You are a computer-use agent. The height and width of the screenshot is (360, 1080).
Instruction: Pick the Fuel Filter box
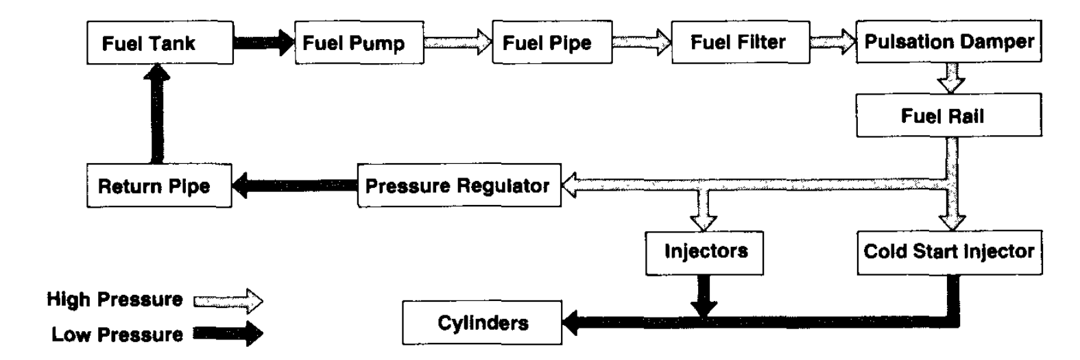738,43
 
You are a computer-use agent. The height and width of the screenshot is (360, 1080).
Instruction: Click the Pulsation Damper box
948,42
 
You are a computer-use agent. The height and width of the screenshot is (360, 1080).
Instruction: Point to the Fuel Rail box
948,116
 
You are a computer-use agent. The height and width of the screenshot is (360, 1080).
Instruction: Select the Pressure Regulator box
458,186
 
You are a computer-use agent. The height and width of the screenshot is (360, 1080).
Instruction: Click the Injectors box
705,251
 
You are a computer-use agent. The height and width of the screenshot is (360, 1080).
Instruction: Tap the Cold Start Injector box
948,251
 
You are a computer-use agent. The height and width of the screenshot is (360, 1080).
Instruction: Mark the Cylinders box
481,322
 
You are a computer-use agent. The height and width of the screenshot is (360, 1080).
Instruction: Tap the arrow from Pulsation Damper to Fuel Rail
950,77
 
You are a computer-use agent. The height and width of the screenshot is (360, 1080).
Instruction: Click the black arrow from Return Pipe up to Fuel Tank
158,113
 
